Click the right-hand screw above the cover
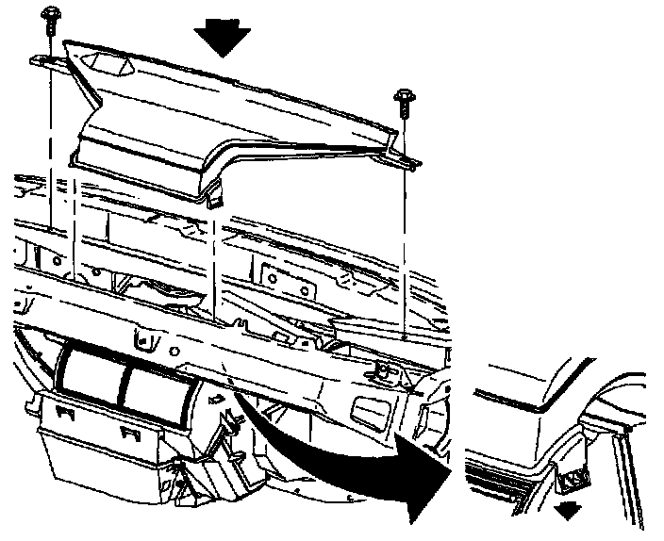click(x=405, y=95)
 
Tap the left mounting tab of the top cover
click(x=47, y=61)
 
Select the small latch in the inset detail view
click(x=573, y=479)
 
